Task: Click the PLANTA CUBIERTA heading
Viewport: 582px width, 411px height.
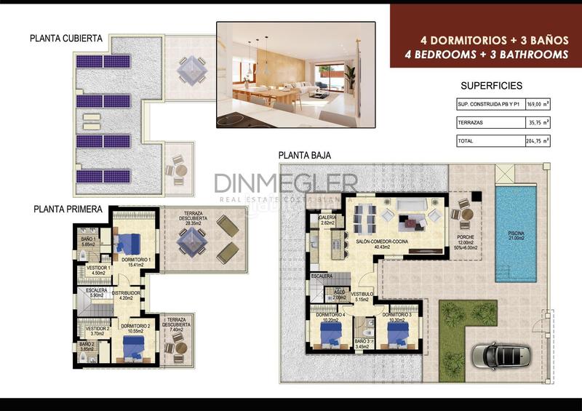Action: click(x=66, y=39)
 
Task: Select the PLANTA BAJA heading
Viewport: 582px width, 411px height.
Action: click(x=305, y=155)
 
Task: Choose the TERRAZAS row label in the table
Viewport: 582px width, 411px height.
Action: click(x=471, y=123)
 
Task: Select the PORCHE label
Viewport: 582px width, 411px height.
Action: click(x=466, y=237)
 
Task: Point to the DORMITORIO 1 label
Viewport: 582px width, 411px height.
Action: click(x=135, y=260)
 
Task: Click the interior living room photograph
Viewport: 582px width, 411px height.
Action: click(x=295, y=74)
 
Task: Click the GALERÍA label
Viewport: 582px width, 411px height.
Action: click(x=327, y=217)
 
